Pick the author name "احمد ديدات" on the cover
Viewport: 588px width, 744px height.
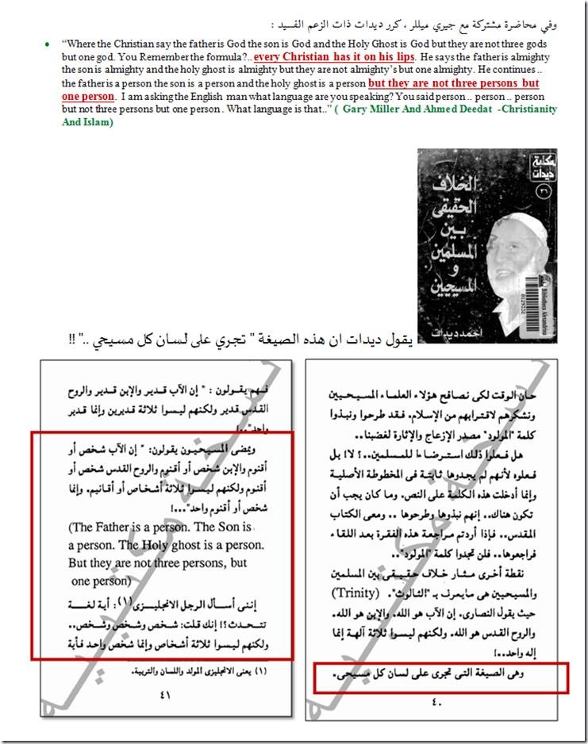(x=449, y=328)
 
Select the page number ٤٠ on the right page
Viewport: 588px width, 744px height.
(x=437, y=701)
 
